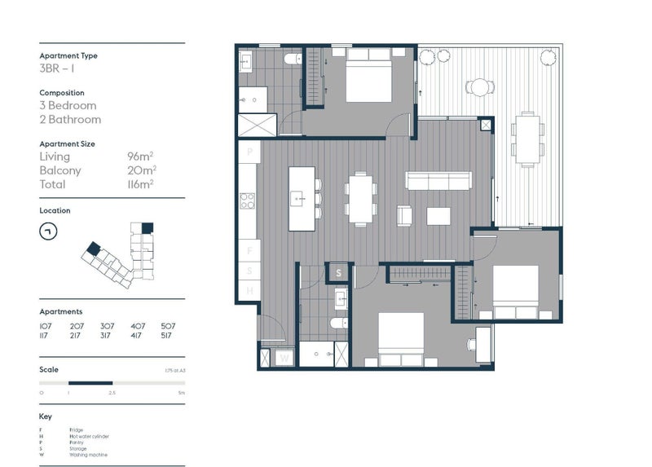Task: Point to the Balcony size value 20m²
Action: (140, 170)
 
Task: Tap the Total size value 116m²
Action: (140, 184)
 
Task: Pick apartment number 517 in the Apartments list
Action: (168, 335)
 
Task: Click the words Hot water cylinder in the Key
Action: (89, 436)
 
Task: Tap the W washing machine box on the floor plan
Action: (284, 357)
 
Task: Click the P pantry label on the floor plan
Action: (249, 152)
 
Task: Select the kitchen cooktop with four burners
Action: (248, 200)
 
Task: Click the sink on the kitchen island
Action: (298, 197)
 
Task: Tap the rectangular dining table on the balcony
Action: (526, 139)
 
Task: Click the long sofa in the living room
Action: (439, 181)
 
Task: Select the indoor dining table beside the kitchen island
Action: (360, 198)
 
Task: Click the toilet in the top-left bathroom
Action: (289, 59)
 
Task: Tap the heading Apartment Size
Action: (67, 143)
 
